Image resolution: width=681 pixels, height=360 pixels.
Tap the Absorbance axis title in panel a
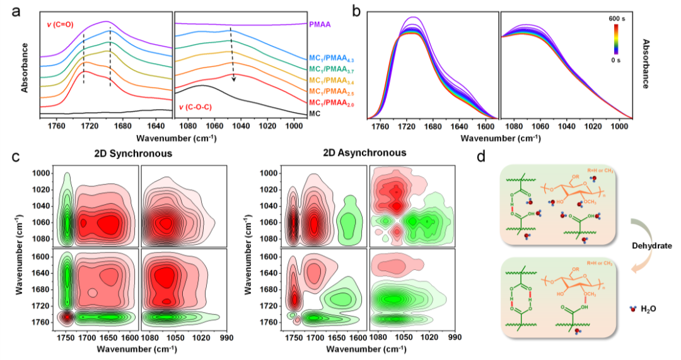(x=24, y=67)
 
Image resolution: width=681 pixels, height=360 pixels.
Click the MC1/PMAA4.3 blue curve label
(x=329, y=57)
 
